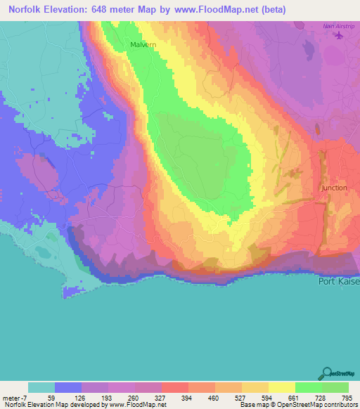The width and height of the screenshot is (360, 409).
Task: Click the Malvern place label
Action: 143,44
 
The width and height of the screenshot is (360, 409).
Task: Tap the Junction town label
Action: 334,188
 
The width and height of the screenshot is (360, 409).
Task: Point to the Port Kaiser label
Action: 338,282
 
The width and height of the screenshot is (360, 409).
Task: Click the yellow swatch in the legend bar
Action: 281,387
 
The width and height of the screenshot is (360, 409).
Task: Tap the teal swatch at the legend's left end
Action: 41,387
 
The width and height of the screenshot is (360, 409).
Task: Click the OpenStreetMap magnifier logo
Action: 326,374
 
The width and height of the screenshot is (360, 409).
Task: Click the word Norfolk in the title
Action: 26,11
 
